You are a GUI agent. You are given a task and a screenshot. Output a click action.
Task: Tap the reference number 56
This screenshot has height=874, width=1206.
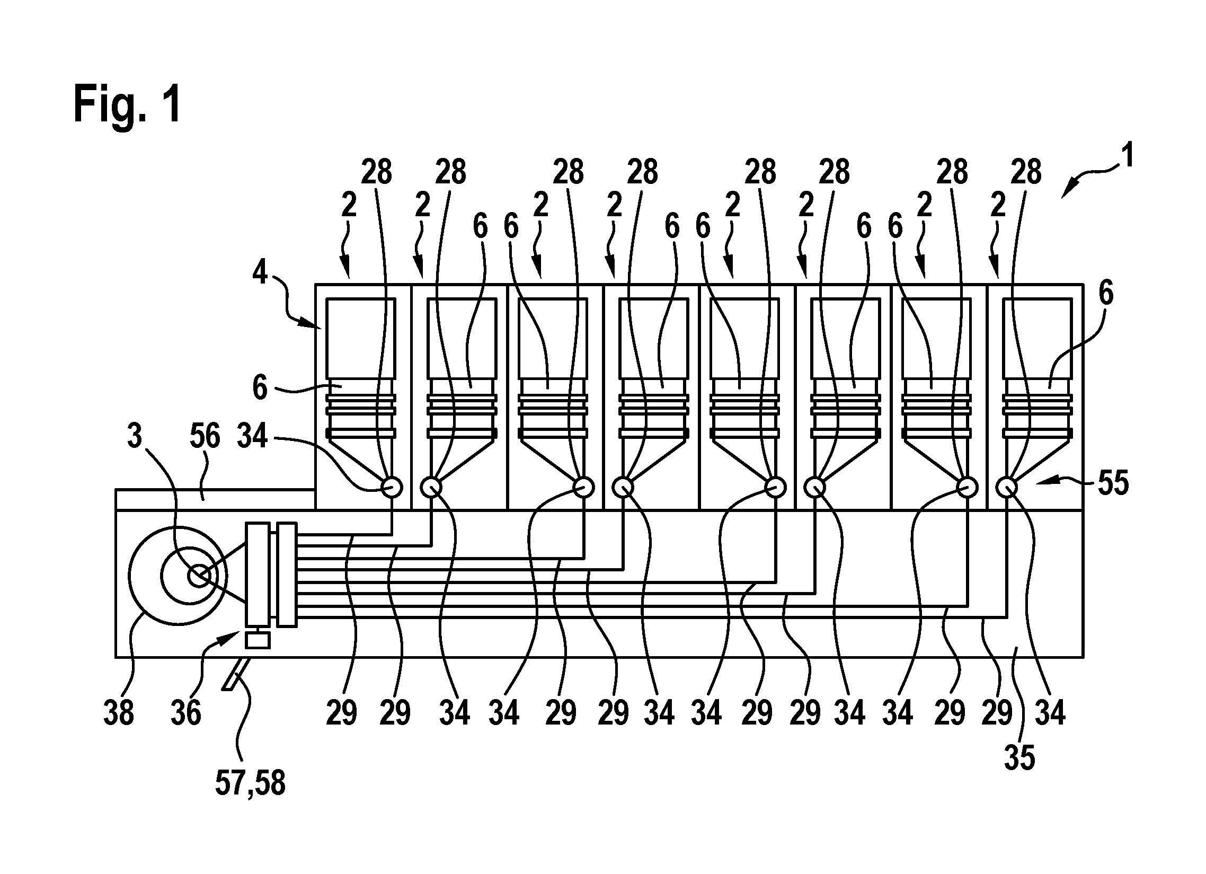click(x=205, y=436)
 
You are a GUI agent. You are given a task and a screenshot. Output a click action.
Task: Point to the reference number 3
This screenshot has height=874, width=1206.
click(x=135, y=436)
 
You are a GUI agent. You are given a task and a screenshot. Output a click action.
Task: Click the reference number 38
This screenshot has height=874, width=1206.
click(x=118, y=713)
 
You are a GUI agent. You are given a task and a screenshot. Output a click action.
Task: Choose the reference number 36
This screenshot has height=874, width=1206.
click(x=186, y=713)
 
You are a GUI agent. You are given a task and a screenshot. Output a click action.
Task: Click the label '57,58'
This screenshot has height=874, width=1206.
click(x=250, y=783)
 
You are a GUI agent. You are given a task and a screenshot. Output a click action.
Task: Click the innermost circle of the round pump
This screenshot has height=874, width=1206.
click(x=198, y=577)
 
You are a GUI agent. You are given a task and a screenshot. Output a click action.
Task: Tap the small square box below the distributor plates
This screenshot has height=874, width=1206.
click(x=258, y=640)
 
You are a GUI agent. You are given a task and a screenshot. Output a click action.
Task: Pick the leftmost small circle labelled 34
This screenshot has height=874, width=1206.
click(x=393, y=487)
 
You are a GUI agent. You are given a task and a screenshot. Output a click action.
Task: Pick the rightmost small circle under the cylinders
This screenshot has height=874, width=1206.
click(x=1006, y=487)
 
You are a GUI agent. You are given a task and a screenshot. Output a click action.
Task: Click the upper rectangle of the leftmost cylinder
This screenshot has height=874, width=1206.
click(x=360, y=338)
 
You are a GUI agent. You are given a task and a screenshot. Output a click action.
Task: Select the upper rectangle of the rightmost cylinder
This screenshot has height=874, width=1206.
click(x=1036, y=338)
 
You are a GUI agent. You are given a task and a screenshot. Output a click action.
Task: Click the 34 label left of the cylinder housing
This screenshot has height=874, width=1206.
click(x=252, y=436)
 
